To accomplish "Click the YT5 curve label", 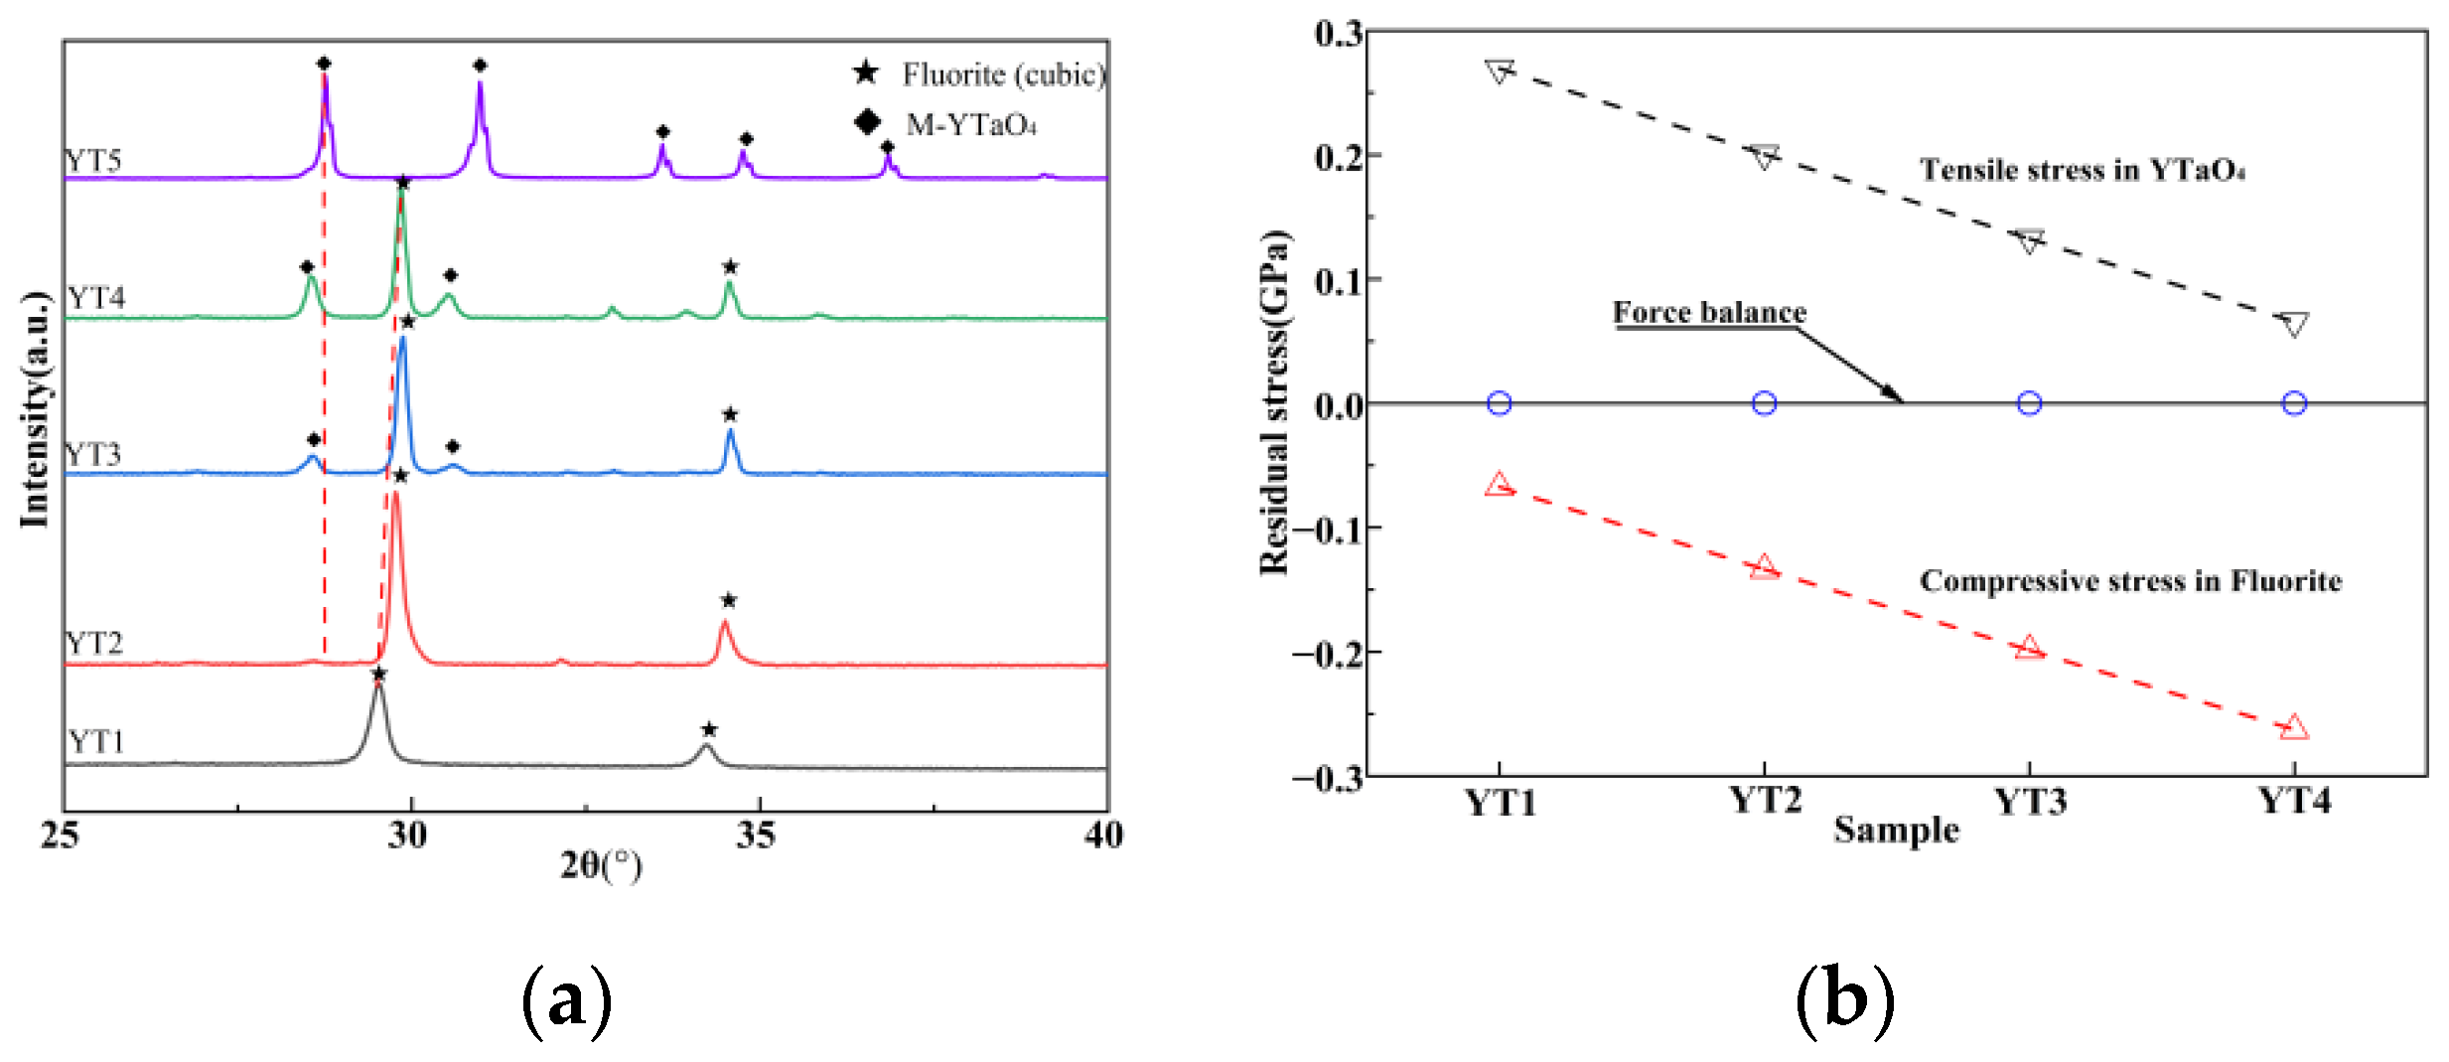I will coord(93,160).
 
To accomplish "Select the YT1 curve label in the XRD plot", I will coord(95,741).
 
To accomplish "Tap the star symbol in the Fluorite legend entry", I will coord(866,73).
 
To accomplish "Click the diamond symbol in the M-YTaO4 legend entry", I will coord(867,122).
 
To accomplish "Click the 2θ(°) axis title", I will coord(601,865).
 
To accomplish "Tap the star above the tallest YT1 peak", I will coord(378,675).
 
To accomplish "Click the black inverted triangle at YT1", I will coord(1499,72).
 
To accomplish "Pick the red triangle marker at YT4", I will coord(2293,728).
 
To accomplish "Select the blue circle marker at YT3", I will coord(2029,403).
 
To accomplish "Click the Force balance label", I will coord(1708,312).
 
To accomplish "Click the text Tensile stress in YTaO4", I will coord(2081,170).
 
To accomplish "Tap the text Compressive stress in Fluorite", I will coord(2130,580).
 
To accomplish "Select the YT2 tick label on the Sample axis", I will coord(1764,800).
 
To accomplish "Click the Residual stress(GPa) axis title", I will coord(1274,402).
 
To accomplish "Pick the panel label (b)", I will coord(1844,999).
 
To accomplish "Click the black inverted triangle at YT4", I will coord(2293,324).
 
